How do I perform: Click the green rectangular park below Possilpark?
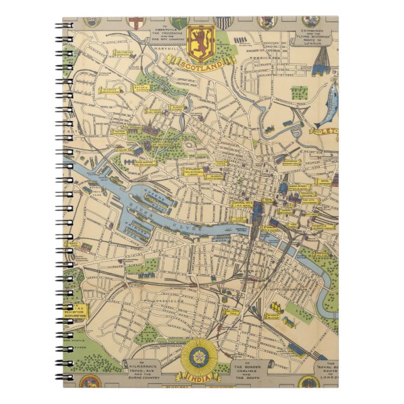(x=299, y=93)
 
